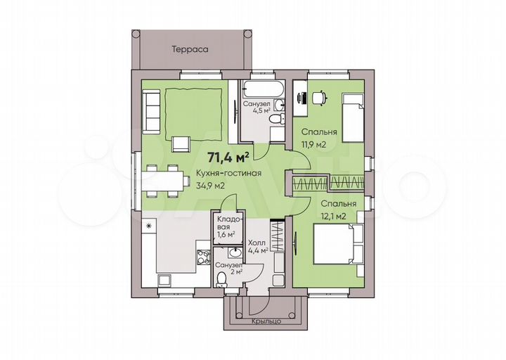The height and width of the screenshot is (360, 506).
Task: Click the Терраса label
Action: pos(190,49)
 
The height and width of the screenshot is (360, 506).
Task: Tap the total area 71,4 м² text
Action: pos(228,157)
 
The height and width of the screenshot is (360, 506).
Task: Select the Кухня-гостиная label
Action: pos(229,174)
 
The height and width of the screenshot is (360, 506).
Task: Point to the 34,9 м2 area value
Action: pos(210,186)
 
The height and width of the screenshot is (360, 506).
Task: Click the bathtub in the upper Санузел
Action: pos(264,89)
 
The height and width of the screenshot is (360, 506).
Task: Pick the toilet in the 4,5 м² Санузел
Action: pos(277,119)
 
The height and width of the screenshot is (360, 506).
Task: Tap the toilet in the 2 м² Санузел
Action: pos(221,279)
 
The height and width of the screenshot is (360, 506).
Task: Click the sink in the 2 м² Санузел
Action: pos(235,252)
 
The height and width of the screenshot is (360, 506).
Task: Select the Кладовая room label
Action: pos(228,226)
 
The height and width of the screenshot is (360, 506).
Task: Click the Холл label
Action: pos(257,243)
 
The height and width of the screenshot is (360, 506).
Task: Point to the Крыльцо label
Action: pos(266,321)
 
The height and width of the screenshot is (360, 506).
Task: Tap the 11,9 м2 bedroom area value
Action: pos(313,144)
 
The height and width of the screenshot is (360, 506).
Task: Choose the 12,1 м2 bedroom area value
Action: pos(333,216)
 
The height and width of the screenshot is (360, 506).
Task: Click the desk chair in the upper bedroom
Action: pos(320,97)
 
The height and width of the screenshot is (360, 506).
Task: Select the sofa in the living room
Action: pos(151,112)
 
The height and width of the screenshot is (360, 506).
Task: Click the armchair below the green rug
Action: pos(181,144)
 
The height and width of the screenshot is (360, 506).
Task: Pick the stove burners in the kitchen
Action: pos(203,257)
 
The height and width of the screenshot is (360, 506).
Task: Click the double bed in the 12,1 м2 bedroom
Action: pos(339,245)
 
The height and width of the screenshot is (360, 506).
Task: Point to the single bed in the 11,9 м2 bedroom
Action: pos(353,118)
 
